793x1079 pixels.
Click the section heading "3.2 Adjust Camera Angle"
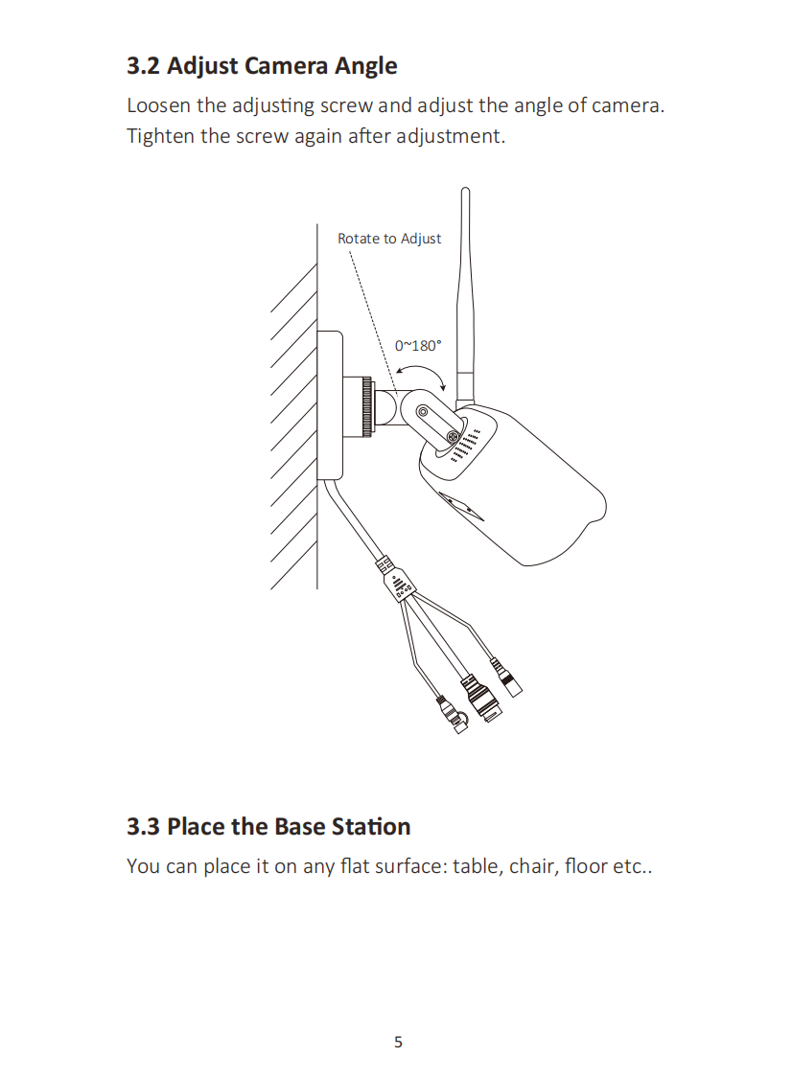(x=262, y=66)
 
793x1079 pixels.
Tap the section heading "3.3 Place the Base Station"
(x=268, y=826)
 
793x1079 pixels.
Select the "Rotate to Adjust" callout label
(x=389, y=239)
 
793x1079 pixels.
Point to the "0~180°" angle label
(x=418, y=345)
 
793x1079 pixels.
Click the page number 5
(x=398, y=1042)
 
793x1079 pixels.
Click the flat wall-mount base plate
(x=330, y=404)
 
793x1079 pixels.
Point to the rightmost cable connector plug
(x=506, y=677)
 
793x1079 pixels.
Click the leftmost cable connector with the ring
(x=453, y=716)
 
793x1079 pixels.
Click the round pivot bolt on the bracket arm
(x=423, y=412)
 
